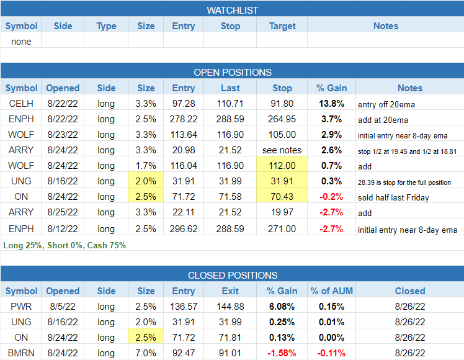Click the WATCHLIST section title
[x=232, y=10]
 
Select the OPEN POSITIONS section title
[x=232, y=72]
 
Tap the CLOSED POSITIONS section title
[x=232, y=275]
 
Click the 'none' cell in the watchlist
[x=21, y=42]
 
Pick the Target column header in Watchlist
[x=282, y=26]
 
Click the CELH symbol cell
[x=21, y=104]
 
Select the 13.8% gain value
[x=329, y=104]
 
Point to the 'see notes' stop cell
[x=282, y=150]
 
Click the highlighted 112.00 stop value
[x=282, y=166]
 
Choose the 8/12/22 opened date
[x=62, y=228]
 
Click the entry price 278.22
[x=184, y=119]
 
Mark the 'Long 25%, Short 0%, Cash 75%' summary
[x=65, y=245]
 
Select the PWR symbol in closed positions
[x=21, y=307]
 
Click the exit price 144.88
[x=230, y=307]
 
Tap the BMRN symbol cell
[x=21, y=353]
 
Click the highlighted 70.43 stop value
[x=282, y=197]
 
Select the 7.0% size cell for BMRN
[x=146, y=353]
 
